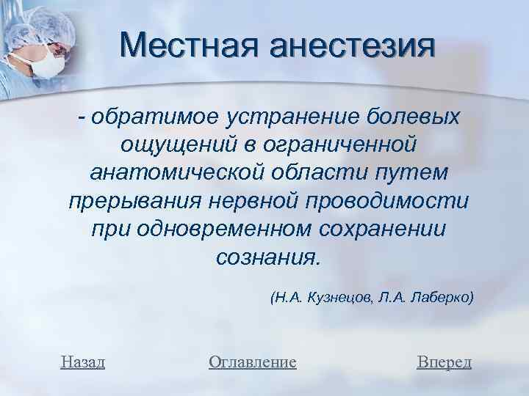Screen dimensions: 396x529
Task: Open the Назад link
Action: point(83,362)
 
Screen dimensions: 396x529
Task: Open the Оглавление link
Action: point(252,362)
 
